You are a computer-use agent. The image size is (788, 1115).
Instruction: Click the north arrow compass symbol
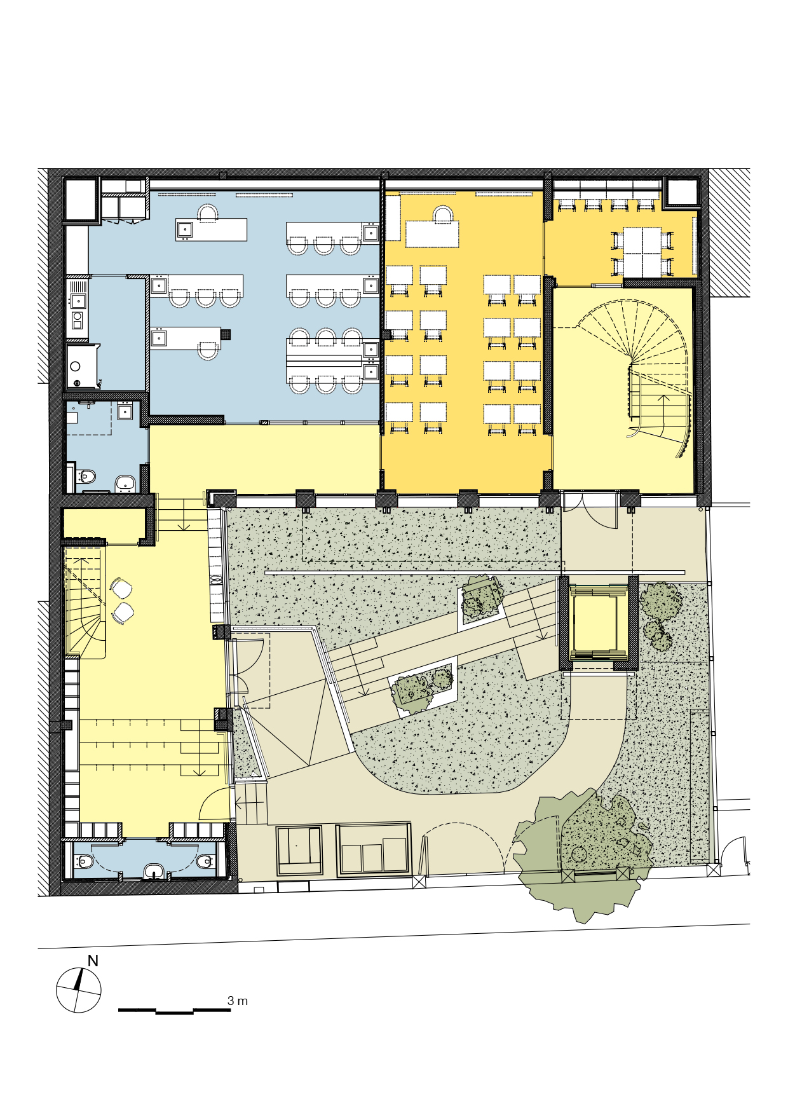click(x=78, y=990)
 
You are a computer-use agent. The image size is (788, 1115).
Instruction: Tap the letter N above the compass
click(x=93, y=961)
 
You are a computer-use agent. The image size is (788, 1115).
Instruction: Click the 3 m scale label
click(x=238, y=1001)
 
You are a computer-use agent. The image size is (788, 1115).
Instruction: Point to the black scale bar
click(x=174, y=1010)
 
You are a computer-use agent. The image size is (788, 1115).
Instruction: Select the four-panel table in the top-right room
click(x=642, y=252)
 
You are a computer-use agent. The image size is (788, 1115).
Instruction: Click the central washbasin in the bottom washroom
click(x=153, y=870)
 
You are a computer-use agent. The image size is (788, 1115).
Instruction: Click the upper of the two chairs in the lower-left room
click(x=121, y=589)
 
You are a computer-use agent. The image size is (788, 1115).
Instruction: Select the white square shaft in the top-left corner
click(x=81, y=200)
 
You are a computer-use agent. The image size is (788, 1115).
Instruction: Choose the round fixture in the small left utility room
click(x=76, y=366)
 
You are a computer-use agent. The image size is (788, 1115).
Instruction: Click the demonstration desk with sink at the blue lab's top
click(x=211, y=229)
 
